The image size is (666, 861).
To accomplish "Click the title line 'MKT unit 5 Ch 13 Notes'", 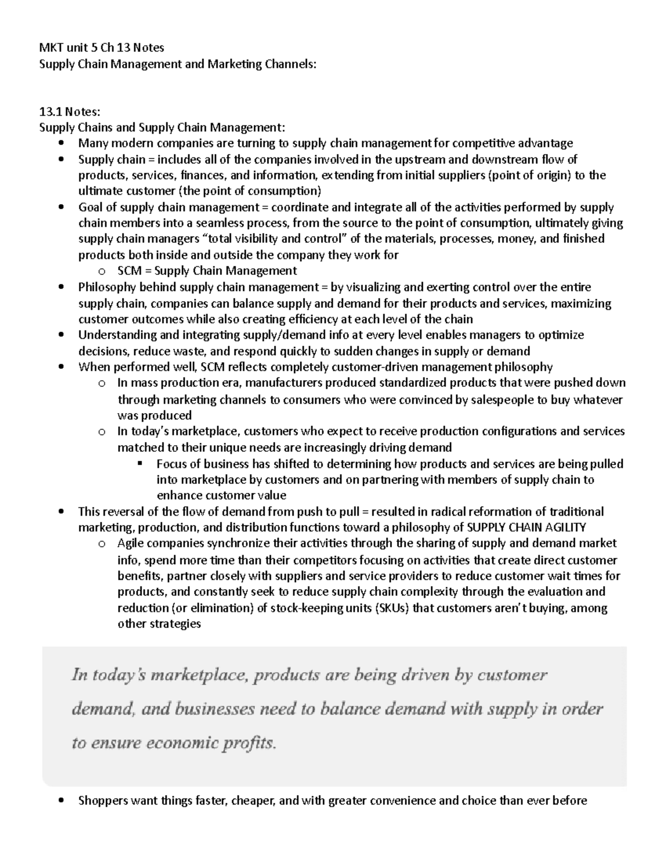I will pyautogui.click(x=101, y=48).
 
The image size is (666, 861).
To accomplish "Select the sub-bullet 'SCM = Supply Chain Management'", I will pyautogui.click(x=207, y=271).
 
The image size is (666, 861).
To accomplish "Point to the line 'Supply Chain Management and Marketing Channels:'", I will pyautogui.click(x=177, y=64).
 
